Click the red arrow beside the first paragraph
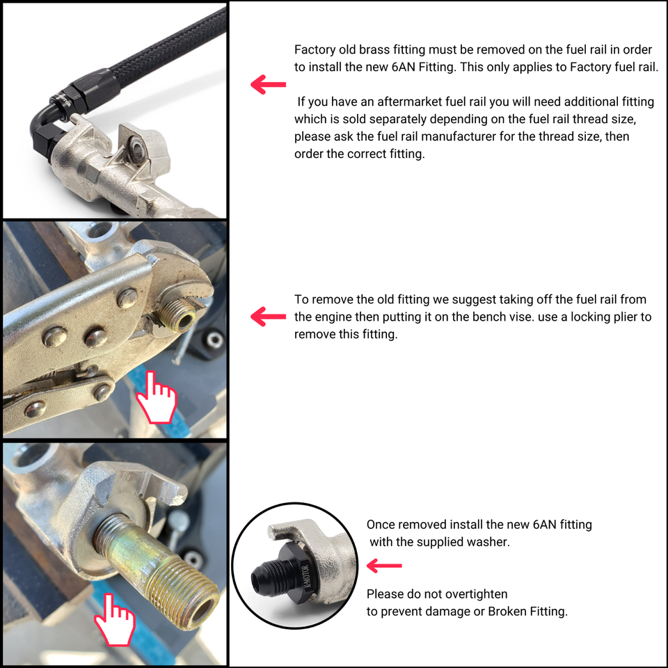(x=268, y=84)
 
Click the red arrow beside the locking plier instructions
(x=268, y=317)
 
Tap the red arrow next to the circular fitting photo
(x=384, y=566)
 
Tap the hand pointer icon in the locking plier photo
(x=157, y=398)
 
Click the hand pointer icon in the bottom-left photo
(x=114, y=620)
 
